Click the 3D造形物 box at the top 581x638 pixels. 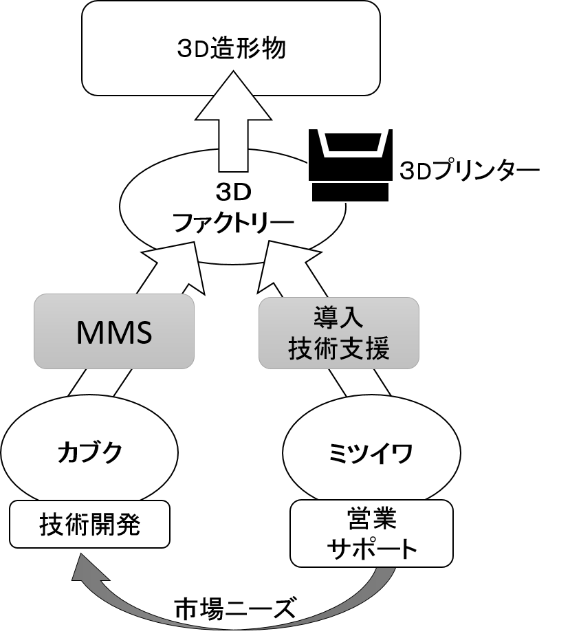click(x=230, y=48)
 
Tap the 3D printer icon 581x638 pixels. click(x=351, y=155)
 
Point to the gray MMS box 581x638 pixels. click(x=114, y=333)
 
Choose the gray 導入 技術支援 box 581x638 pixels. click(x=339, y=333)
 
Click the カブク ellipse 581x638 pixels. click(x=89, y=452)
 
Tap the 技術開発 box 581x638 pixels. click(x=89, y=525)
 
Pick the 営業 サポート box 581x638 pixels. click(x=371, y=533)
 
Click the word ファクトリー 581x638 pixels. click(x=232, y=223)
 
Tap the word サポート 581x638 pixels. click(x=371, y=549)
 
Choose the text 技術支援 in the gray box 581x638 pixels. click(x=339, y=349)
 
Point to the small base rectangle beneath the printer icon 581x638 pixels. click(x=351, y=192)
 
